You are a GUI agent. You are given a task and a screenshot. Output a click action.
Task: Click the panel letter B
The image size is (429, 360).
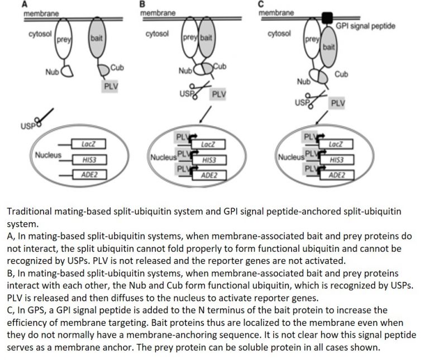coord(142,4)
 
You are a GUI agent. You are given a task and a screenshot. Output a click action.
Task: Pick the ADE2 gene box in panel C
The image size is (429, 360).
coord(337,175)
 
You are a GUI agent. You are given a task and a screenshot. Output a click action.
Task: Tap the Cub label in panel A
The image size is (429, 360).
coord(117,68)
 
